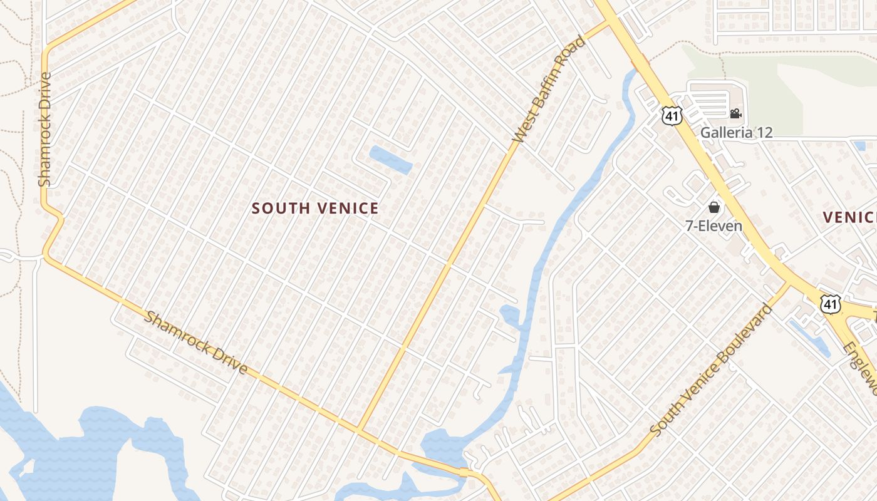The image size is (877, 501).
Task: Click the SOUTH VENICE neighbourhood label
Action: click(x=315, y=209)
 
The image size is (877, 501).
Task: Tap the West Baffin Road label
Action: click(x=548, y=89)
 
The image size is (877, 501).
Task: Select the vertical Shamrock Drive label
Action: click(x=44, y=129)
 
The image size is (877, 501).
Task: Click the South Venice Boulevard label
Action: click(x=712, y=370)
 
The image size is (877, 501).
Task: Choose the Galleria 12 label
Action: click(x=736, y=133)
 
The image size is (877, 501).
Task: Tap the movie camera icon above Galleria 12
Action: click(x=735, y=114)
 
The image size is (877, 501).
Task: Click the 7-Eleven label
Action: click(x=714, y=226)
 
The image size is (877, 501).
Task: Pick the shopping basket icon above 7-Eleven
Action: click(x=714, y=207)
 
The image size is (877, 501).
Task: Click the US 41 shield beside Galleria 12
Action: click(x=672, y=115)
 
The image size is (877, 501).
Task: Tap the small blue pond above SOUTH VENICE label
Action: click(x=390, y=159)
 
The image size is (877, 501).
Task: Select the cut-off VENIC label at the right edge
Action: click(x=849, y=217)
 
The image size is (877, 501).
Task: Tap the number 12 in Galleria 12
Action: click(x=764, y=133)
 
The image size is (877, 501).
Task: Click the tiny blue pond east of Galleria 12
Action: click(x=859, y=146)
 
